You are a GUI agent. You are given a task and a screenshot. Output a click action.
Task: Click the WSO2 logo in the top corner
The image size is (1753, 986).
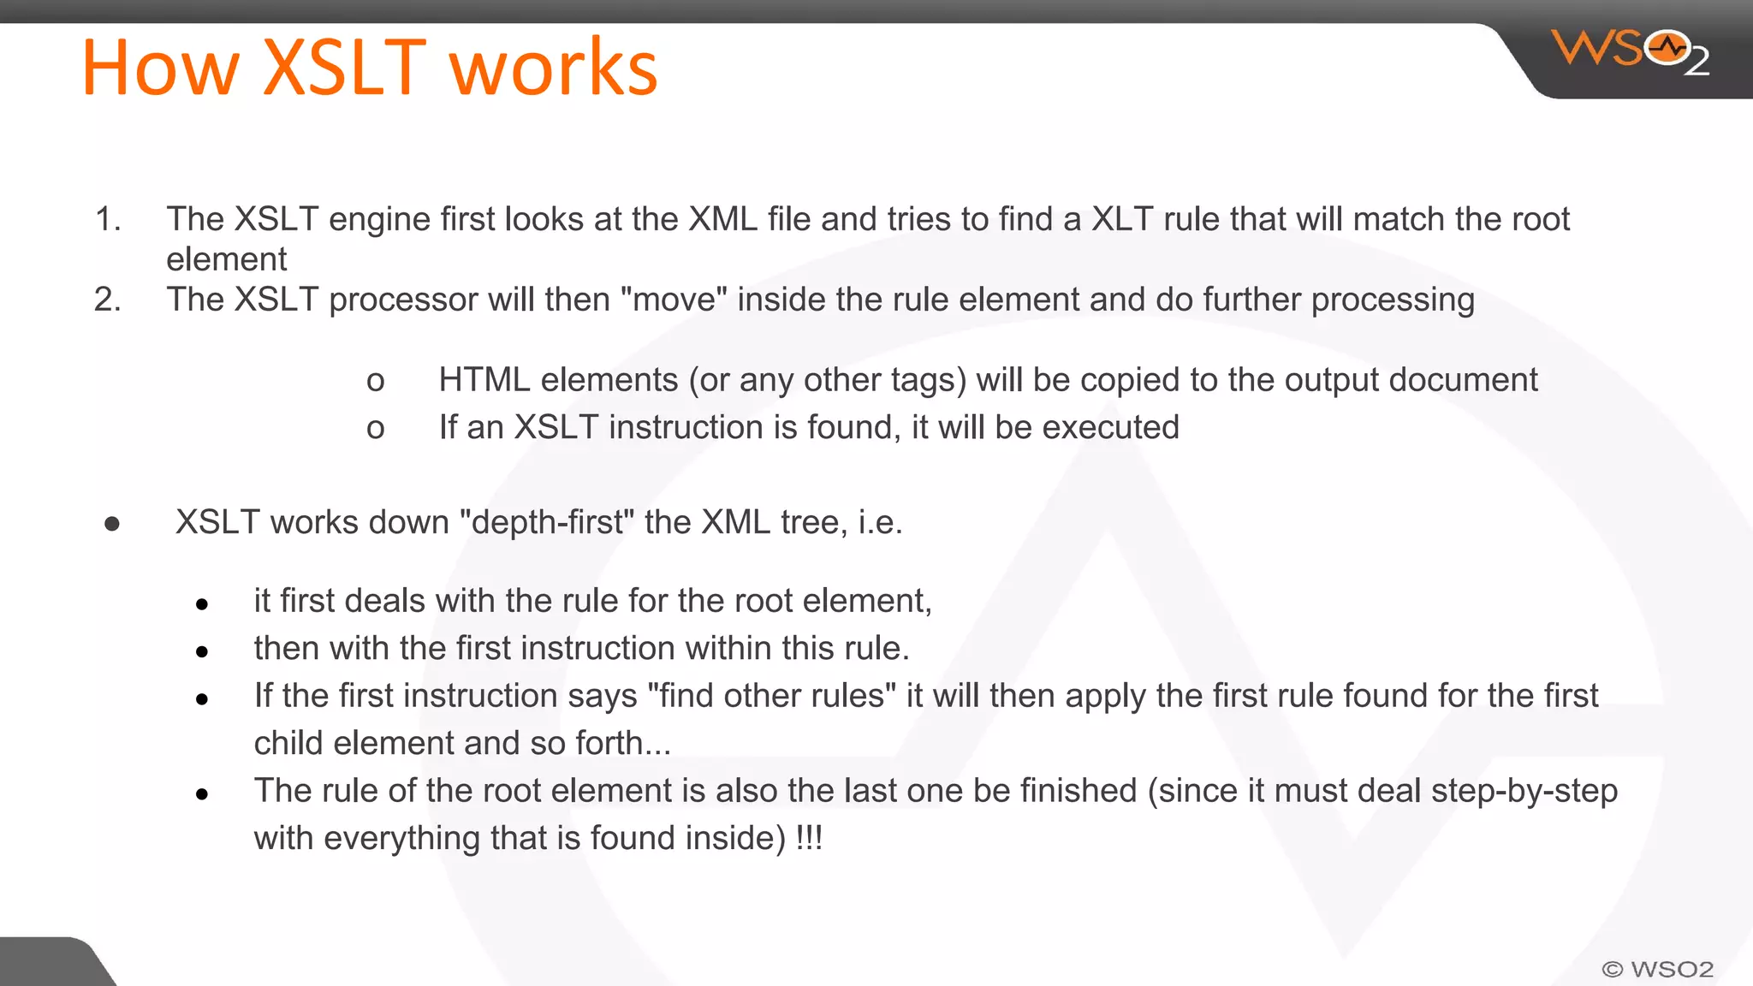1630,51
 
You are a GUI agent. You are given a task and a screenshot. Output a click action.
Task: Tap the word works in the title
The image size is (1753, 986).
554,68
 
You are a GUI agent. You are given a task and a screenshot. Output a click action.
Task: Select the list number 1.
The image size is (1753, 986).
107,219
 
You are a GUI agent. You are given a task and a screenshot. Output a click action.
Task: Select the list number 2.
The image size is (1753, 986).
107,300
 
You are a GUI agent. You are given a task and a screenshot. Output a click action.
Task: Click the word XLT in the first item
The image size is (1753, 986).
1122,219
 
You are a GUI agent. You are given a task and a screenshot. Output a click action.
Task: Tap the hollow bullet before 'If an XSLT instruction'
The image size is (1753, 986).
375,428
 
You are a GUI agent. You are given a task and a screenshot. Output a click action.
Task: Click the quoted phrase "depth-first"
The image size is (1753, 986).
547,522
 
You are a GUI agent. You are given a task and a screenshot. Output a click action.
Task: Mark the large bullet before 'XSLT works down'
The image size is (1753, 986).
112,523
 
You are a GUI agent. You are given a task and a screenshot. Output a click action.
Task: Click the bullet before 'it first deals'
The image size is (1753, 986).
202,604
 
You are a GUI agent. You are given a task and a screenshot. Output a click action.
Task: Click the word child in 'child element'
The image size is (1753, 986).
288,743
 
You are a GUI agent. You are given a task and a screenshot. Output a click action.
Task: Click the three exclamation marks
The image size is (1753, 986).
809,838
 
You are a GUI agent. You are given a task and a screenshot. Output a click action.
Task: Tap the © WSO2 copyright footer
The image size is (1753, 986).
1657,969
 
